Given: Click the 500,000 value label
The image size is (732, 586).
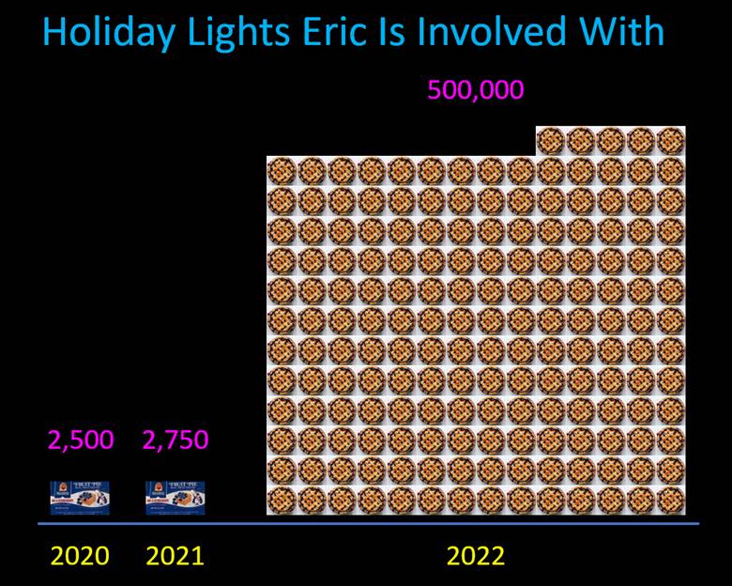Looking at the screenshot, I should click(x=476, y=91).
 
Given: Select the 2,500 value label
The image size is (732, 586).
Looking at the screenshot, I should click(x=81, y=440).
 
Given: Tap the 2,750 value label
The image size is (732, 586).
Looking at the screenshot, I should click(x=175, y=440).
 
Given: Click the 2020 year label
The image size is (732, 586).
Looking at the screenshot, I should click(x=80, y=556).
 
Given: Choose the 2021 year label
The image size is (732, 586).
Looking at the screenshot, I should click(x=175, y=556).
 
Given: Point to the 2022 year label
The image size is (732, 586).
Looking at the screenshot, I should click(x=476, y=556).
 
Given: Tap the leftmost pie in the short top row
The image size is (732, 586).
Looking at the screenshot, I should click(x=551, y=141).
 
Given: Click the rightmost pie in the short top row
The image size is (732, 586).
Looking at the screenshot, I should click(x=671, y=141).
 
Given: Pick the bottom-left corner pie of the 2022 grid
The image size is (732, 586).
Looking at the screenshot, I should click(x=282, y=501).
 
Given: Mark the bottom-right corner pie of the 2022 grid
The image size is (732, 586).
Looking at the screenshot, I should click(x=671, y=501).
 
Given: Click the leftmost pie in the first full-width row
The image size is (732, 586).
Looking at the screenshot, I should click(x=282, y=170).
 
